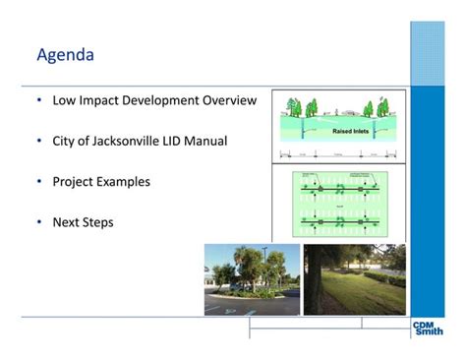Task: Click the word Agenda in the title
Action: coord(65,54)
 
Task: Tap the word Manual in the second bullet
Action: coord(208,142)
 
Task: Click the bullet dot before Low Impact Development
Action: coord(38,100)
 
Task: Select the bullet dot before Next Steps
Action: coord(38,222)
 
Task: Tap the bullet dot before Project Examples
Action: coord(38,182)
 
